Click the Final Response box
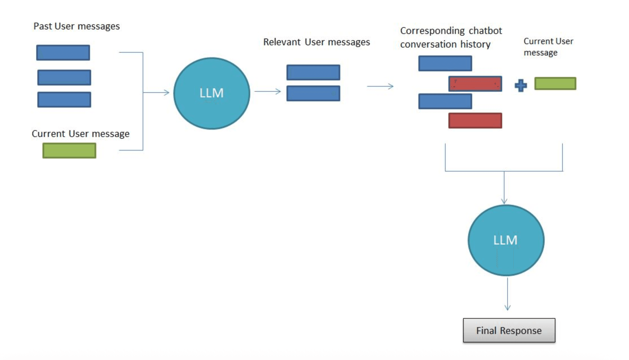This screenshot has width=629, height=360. point(509,330)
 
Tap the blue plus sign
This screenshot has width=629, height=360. point(521,85)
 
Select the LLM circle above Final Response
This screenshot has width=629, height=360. point(506,240)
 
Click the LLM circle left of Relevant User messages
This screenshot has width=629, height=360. point(211,93)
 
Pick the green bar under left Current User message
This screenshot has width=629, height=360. point(69,150)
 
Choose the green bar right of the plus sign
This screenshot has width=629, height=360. point(555,83)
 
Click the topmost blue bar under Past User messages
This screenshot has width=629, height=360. point(63,53)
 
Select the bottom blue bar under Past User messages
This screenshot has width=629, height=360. point(64,100)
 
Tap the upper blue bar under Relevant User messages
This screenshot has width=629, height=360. point(313,72)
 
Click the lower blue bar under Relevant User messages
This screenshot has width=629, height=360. point(313,93)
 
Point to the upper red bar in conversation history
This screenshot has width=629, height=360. point(475,84)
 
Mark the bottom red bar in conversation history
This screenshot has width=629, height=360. point(475,121)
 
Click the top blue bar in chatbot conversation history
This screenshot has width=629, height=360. point(445,63)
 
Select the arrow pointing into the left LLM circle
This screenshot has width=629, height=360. point(159,92)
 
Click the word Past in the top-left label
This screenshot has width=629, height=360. point(42,26)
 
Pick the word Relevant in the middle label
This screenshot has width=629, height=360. point(282,42)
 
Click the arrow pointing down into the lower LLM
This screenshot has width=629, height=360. point(504,190)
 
